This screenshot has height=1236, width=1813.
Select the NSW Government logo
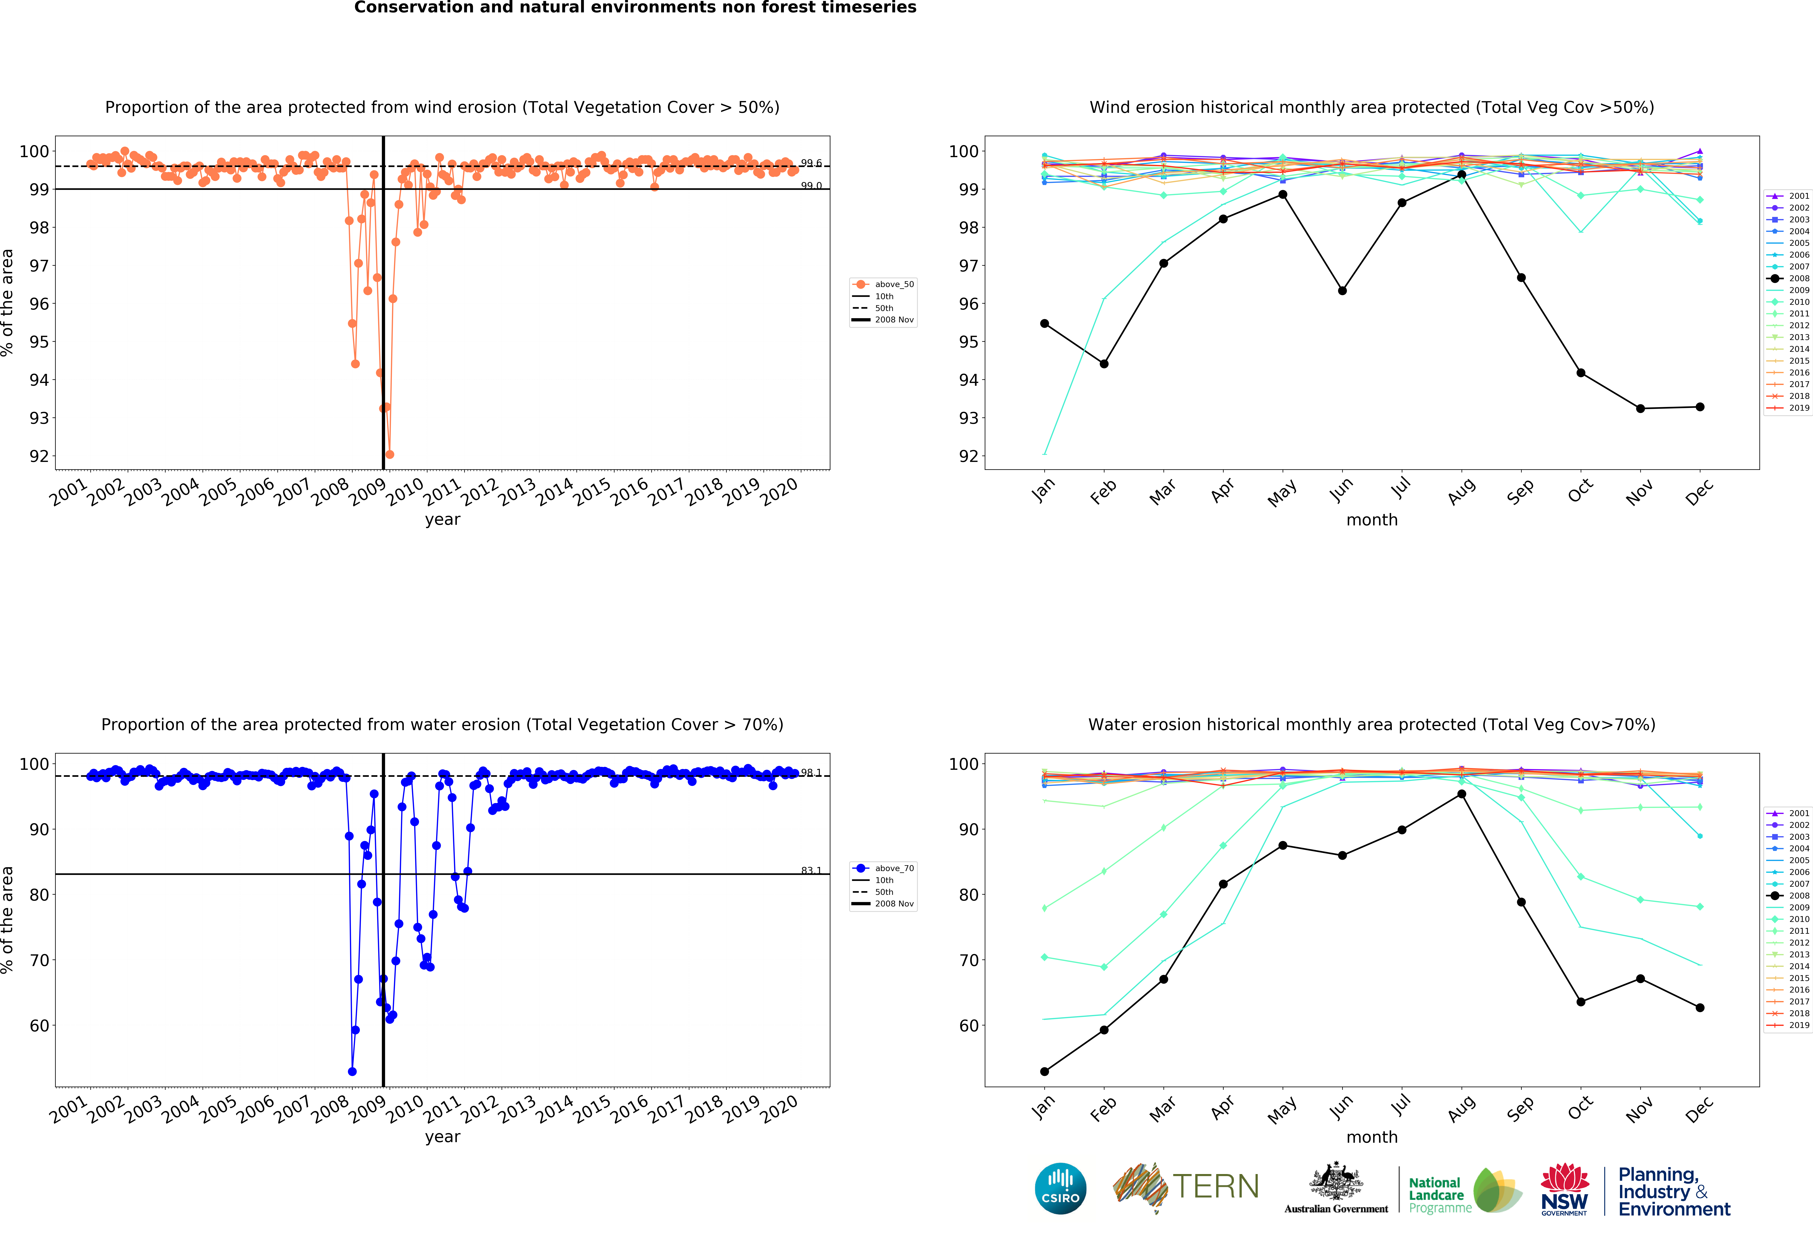click(x=1564, y=1189)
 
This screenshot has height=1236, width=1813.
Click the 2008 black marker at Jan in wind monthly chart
click(x=1045, y=324)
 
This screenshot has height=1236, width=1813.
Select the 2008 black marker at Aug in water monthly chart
click(x=1461, y=794)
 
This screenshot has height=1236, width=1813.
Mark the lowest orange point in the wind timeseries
click(x=389, y=454)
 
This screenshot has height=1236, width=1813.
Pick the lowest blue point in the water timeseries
click(x=352, y=1071)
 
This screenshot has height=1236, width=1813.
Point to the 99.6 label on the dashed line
click(x=811, y=163)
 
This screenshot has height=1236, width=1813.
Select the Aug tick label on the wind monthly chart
click(x=1461, y=492)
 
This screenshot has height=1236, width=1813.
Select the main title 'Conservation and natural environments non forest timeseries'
click(x=635, y=8)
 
